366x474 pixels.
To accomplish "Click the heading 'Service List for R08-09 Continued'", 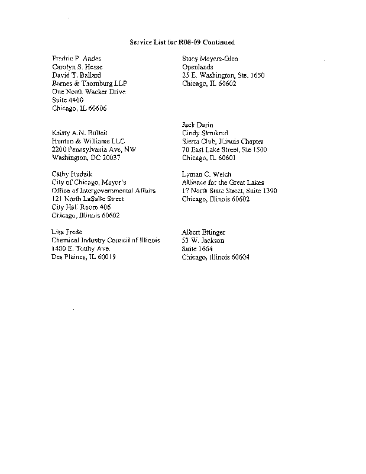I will (x=182, y=42).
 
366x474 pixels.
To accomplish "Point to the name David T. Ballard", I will (x=76, y=75).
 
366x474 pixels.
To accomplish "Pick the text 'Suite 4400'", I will (x=68, y=100).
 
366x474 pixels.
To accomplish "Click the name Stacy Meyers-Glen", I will (x=210, y=59).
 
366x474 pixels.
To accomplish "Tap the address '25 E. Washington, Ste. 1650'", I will (x=224, y=75).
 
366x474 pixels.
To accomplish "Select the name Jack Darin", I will (x=198, y=125).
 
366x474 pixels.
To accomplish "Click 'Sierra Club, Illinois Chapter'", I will (x=223, y=142).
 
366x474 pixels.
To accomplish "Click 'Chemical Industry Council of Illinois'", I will (x=106, y=241).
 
